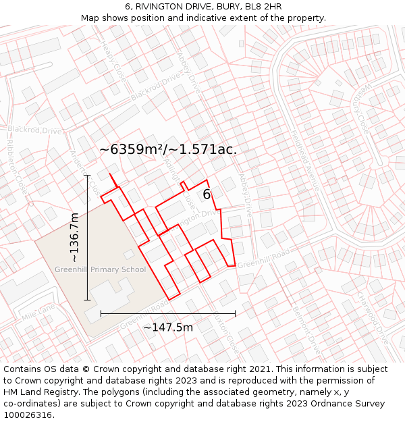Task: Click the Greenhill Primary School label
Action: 101,270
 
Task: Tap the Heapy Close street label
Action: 114,61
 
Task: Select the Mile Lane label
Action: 38,312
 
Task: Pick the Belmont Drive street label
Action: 306,331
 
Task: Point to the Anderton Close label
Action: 82,169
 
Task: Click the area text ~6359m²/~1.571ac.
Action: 168,149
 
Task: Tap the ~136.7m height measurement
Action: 74,237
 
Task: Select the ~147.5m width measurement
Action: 168,327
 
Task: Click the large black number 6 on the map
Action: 207,194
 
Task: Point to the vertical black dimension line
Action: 87,237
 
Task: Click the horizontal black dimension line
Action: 168,313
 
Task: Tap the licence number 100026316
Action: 28,415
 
